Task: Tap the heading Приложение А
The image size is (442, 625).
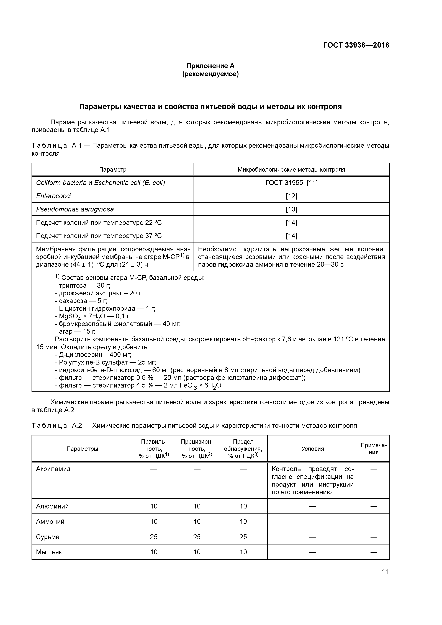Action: click(x=210, y=66)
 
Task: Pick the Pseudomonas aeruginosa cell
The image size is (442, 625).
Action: click(x=75, y=209)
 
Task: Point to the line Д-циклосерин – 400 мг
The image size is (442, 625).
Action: click(x=93, y=355)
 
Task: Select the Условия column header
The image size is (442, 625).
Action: click(x=312, y=449)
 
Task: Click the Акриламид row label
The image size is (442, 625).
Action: click(x=53, y=469)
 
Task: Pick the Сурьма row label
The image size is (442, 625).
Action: click(x=48, y=537)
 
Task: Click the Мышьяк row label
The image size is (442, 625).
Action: click(x=49, y=552)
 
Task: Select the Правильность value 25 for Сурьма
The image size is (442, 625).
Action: click(x=154, y=537)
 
